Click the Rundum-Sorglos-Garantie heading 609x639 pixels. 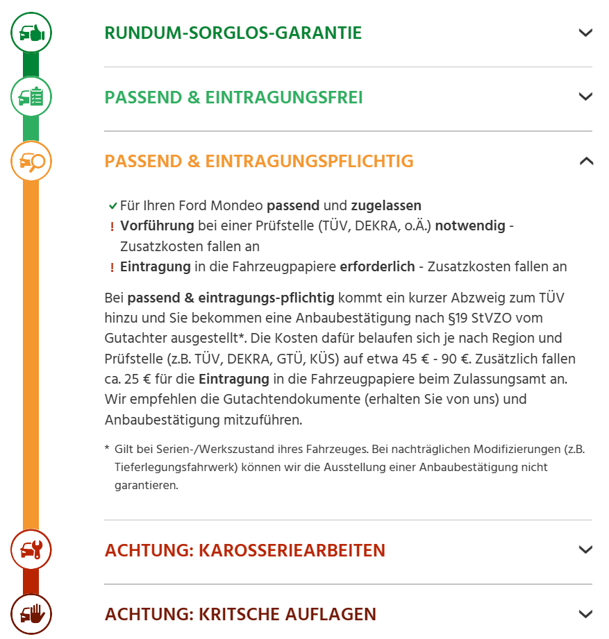tap(233, 33)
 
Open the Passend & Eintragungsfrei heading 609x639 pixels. tap(233, 97)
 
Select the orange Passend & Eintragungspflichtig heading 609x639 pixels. tap(258, 162)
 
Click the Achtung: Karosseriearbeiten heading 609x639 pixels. tap(244, 550)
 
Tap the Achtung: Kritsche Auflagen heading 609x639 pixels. tap(240, 614)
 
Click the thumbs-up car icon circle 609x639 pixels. tap(31, 33)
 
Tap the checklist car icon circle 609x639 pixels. tap(31, 96)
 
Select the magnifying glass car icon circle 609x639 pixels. tap(31, 162)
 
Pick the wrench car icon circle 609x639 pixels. tap(31, 550)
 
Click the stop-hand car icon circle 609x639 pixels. tap(31, 614)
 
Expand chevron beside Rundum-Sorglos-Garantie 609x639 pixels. tap(585, 33)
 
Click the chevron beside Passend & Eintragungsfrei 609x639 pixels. tap(585, 97)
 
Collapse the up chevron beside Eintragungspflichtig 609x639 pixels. tap(585, 162)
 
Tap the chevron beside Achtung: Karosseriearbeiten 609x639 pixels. tap(585, 550)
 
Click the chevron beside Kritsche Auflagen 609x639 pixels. tap(585, 614)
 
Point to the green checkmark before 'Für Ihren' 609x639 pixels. tap(112, 206)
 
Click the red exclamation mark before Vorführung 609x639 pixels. tap(112, 227)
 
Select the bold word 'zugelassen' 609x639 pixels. tap(386, 205)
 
